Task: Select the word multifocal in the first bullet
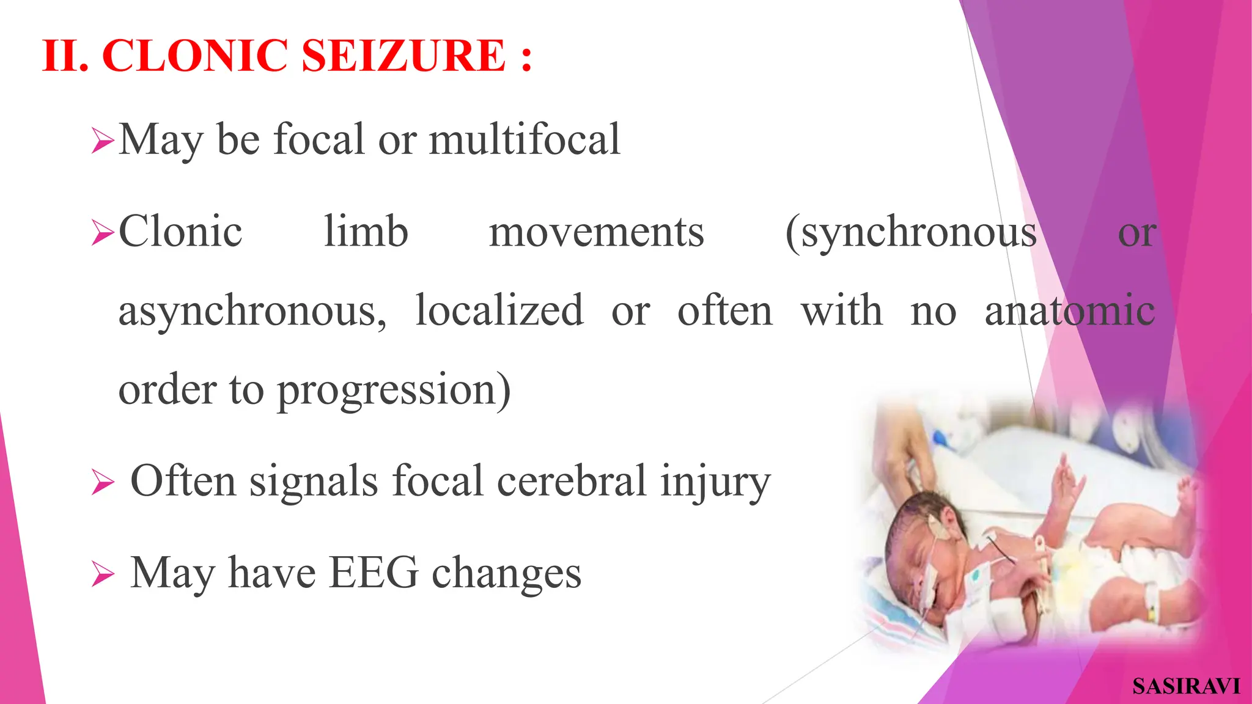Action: coord(525,139)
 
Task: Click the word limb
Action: coord(366,232)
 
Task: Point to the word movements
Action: coord(596,232)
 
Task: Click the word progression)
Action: coord(394,390)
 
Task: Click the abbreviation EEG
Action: coord(374,573)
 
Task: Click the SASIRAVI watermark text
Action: coord(1185,686)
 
